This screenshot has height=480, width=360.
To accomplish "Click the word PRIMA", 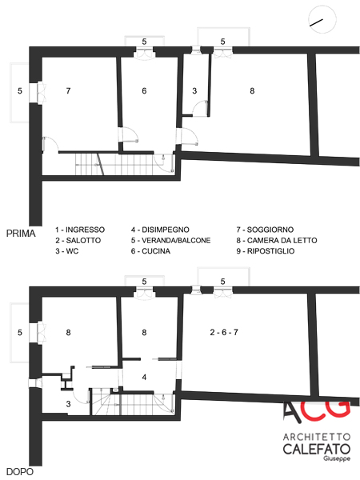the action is [21, 234].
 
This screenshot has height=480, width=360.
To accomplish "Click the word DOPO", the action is [20, 472].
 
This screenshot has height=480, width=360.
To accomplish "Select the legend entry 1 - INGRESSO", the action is [80, 230].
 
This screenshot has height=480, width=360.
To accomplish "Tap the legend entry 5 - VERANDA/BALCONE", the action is [171, 240].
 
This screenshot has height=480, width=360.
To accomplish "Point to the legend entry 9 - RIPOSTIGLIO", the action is [266, 251].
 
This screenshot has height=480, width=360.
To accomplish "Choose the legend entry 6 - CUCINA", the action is [150, 251].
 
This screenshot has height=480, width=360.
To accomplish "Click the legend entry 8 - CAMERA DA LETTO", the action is [277, 240].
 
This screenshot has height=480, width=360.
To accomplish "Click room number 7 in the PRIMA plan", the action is [68, 90].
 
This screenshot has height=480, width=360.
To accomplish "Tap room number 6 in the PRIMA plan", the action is [144, 90].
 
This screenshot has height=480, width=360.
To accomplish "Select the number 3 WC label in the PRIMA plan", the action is [194, 90].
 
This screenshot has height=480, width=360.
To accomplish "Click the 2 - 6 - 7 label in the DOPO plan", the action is [224, 332].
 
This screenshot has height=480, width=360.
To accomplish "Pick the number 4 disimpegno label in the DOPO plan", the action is [144, 377].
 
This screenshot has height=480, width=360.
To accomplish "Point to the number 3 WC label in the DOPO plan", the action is [68, 404].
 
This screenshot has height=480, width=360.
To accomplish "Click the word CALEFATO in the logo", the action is [317, 449].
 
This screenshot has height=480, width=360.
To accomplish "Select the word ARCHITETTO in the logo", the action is [317, 437].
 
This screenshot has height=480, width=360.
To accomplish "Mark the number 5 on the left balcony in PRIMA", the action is [20, 90].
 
